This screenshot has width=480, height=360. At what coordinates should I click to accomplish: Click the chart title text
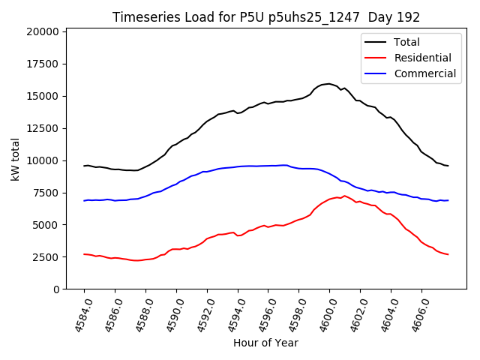(x=266, y=17)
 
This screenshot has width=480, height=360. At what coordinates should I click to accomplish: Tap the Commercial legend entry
(x=424, y=73)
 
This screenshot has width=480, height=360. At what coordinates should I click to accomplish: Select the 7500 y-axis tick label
(x=46, y=193)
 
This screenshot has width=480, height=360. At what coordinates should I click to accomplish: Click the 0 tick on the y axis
(x=56, y=289)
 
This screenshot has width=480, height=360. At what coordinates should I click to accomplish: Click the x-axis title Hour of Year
(x=265, y=343)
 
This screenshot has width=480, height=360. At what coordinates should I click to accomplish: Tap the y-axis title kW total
(x=15, y=160)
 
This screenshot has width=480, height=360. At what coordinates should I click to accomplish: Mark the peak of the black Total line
(x=328, y=83)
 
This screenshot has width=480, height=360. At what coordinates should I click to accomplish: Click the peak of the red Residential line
(x=344, y=196)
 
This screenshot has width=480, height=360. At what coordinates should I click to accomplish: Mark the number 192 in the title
(x=409, y=17)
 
